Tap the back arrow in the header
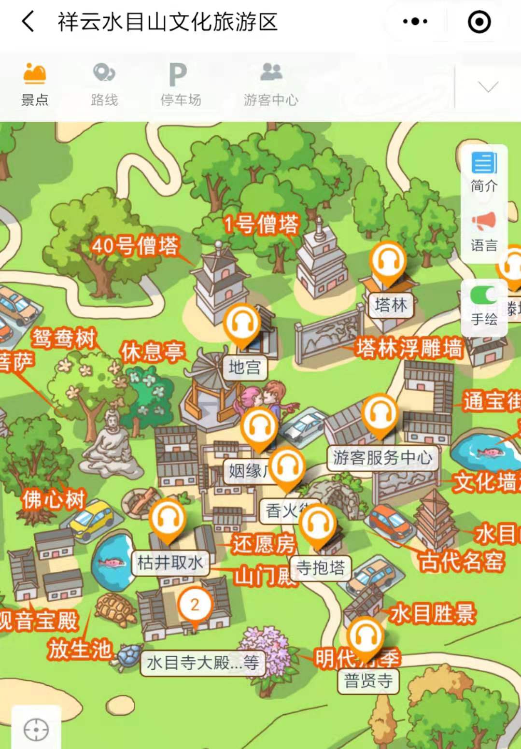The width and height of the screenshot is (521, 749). click(28, 22)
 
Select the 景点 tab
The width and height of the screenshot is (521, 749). click(35, 84)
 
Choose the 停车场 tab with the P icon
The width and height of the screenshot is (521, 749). click(180, 84)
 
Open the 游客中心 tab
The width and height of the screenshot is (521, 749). click(271, 84)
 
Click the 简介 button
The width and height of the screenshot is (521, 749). click(484, 172)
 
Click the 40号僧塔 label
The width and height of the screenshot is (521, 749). click(135, 245)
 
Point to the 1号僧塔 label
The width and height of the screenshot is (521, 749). click(261, 224)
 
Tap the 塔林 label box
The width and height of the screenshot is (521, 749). click(391, 305)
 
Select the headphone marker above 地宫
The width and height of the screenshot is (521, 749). click(242, 323)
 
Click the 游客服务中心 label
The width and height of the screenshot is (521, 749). click(382, 457)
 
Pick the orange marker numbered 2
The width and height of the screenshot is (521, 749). click(195, 605)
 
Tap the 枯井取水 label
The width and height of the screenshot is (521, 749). click(170, 563)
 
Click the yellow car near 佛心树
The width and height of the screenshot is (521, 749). click(91, 520)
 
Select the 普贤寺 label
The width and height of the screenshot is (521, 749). click(368, 681)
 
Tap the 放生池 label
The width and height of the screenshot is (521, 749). click(80, 650)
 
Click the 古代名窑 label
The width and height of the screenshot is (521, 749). click(461, 561)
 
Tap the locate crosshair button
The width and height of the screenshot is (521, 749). click(36, 729)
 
